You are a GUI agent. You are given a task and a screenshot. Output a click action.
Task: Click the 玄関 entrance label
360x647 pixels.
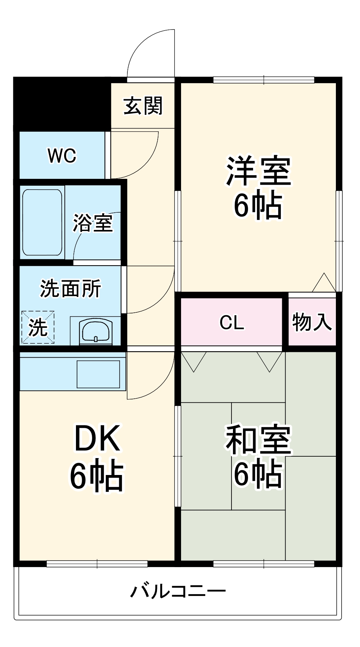143,106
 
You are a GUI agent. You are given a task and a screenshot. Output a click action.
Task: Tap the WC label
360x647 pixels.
62,155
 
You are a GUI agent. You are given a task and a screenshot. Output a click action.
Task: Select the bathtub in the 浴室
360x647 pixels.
42,222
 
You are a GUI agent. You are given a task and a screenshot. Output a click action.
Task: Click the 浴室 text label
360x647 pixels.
93,223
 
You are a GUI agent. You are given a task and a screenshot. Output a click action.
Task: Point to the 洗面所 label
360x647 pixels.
71,288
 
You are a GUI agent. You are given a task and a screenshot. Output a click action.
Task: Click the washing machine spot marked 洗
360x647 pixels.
38,327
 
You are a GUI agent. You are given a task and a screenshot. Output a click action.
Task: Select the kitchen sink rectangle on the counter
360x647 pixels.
98,374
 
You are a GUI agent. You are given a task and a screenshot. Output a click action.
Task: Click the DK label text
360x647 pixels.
97,438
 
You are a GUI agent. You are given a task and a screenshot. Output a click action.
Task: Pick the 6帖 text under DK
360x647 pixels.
96,475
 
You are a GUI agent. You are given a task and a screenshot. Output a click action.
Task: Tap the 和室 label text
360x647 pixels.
258,440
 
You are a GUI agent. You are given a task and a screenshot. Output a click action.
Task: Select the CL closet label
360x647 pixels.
231,322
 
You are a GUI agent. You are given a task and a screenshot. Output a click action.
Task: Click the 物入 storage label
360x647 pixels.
312,322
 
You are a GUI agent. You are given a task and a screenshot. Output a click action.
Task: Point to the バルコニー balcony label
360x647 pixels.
178,591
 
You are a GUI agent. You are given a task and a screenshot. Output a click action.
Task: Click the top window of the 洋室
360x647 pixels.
264,80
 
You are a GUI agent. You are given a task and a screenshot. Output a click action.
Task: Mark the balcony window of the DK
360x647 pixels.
97,564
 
